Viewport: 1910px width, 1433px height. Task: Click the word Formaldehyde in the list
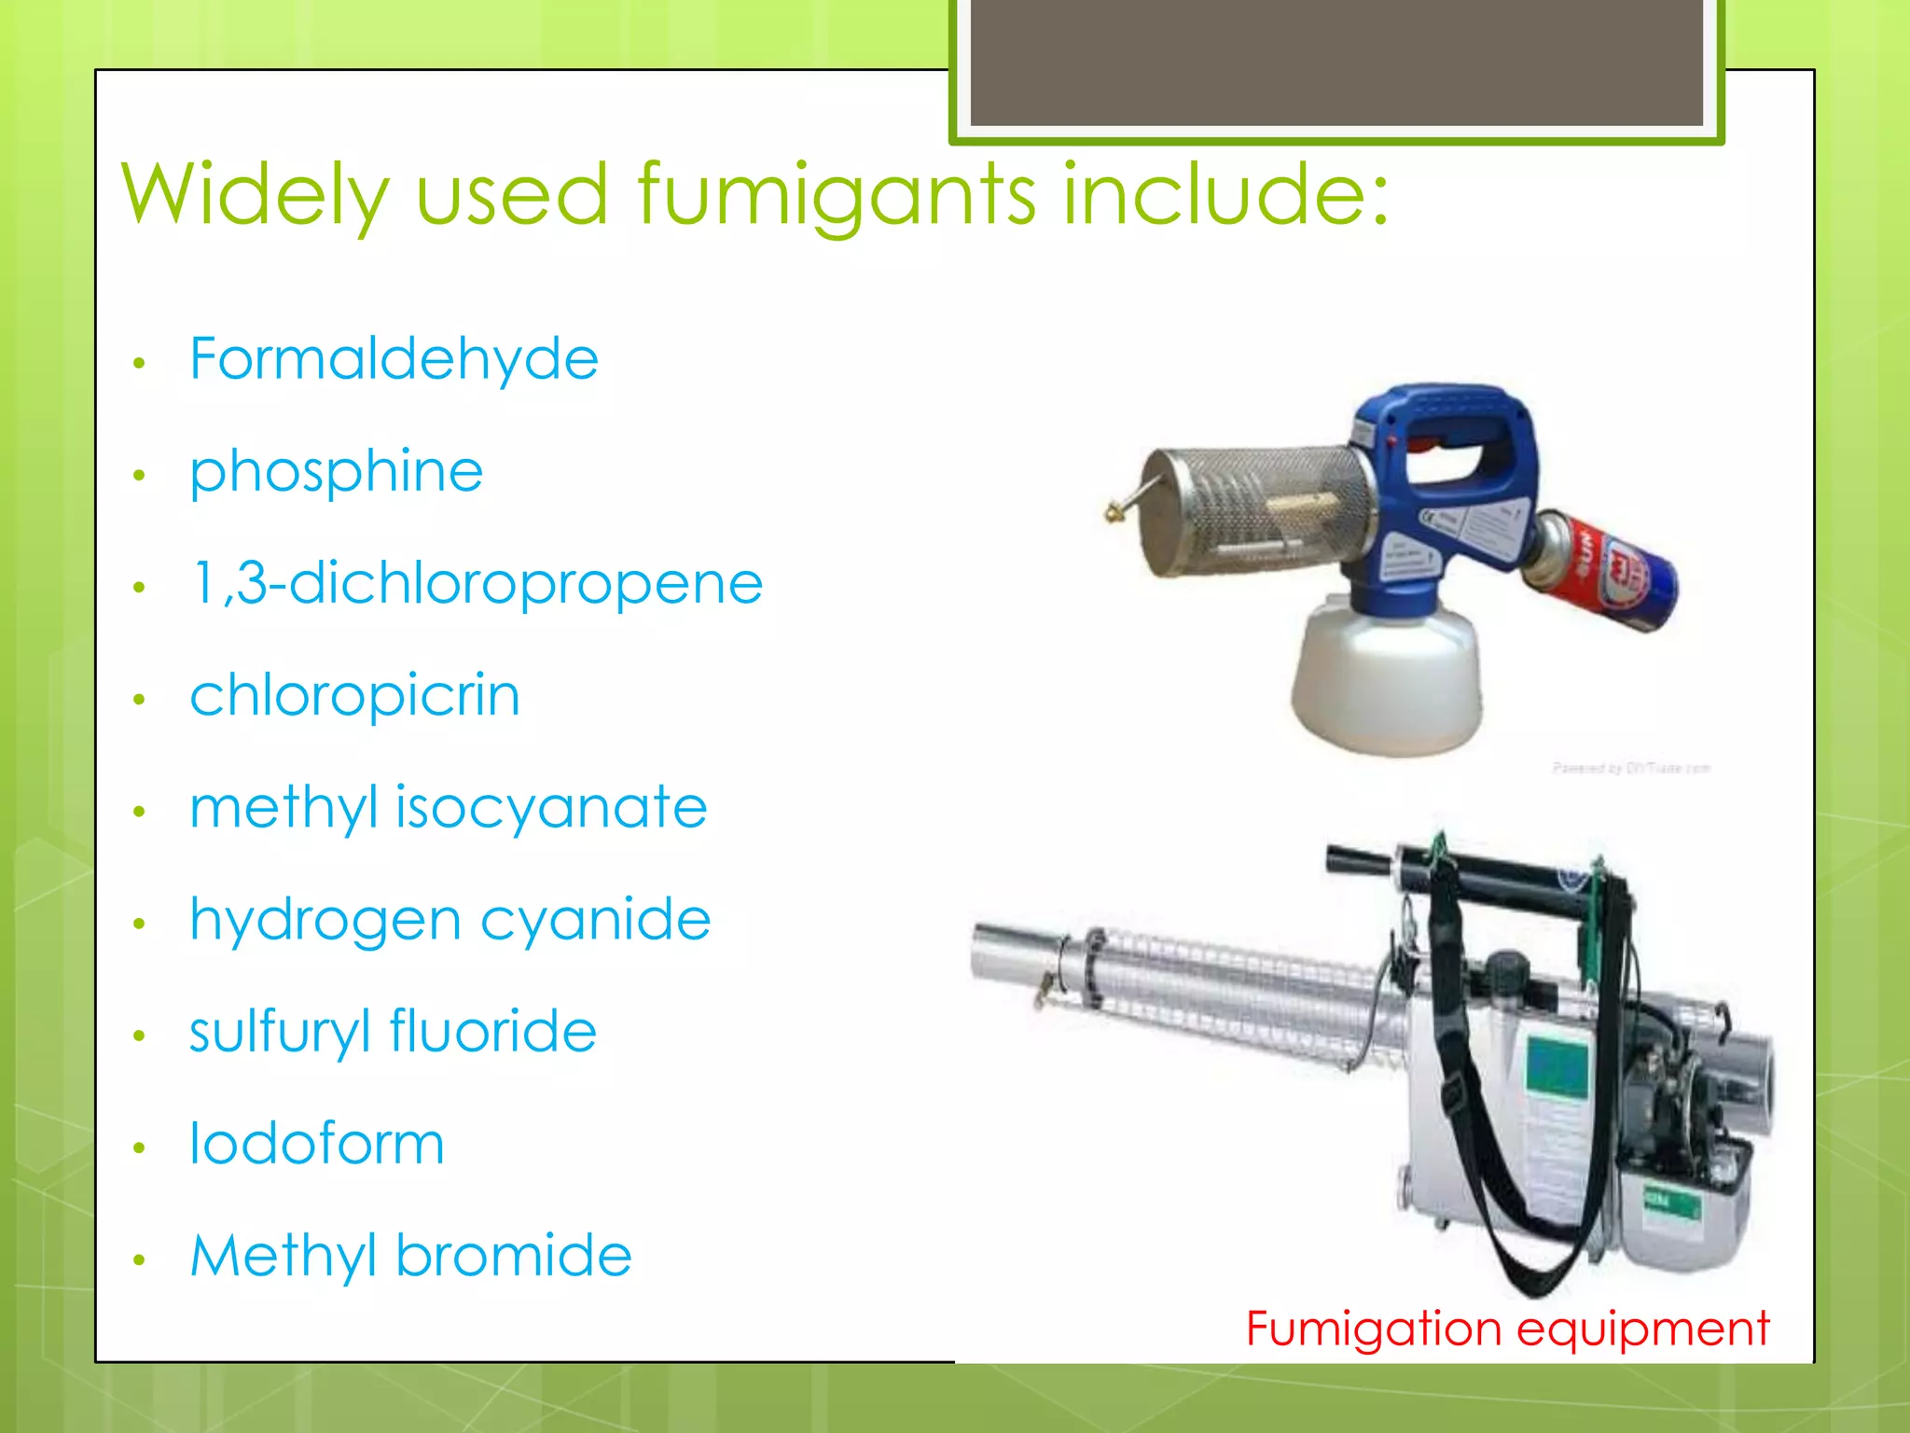pos(394,360)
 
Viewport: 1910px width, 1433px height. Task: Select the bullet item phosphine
pos(336,472)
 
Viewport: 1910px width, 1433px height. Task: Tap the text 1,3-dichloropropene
pos(477,584)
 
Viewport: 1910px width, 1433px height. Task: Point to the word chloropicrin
pos(354,696)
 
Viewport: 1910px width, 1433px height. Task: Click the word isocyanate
pos(551,808)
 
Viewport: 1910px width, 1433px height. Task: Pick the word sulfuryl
pos(280,1033)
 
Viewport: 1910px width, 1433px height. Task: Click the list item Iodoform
pos(317,1144)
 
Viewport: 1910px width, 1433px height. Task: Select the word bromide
pos(514,1256)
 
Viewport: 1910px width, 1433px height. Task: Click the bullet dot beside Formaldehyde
pos(139,363)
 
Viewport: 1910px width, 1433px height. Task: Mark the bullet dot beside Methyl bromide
pos(139,1260)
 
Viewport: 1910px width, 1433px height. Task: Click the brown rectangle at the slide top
pos(1336,62)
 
